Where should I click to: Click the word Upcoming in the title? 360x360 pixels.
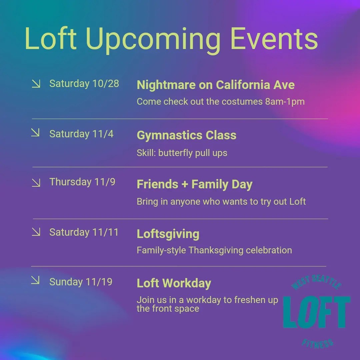tap(153, 39)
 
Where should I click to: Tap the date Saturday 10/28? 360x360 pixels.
tap(84, 84)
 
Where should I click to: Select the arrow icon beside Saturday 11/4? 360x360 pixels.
tap(35, 132)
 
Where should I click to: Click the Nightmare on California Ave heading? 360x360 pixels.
tap(216, 85)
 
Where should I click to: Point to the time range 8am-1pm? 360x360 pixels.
tap(285, 101)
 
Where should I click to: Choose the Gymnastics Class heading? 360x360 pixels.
tap(186, 135)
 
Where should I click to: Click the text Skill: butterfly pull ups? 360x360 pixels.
tap(182, 153)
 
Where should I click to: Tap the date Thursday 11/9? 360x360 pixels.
tap(82, 182)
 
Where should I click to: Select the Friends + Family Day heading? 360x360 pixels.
tap(194, 184)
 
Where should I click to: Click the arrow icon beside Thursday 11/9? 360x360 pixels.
tap(36, 183)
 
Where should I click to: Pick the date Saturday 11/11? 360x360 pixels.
tap(84, 232)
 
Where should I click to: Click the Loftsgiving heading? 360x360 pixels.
tap(168, 234)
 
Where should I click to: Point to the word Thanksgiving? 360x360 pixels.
tap(216, 250)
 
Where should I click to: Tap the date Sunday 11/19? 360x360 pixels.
tap(81, 282)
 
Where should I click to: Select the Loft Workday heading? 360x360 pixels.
tap(174, 283)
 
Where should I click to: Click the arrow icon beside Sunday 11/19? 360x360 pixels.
tap(35, 280)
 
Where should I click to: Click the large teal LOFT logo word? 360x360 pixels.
tap(317, 312)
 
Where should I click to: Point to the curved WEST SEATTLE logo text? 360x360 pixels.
tap(316, 282)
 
